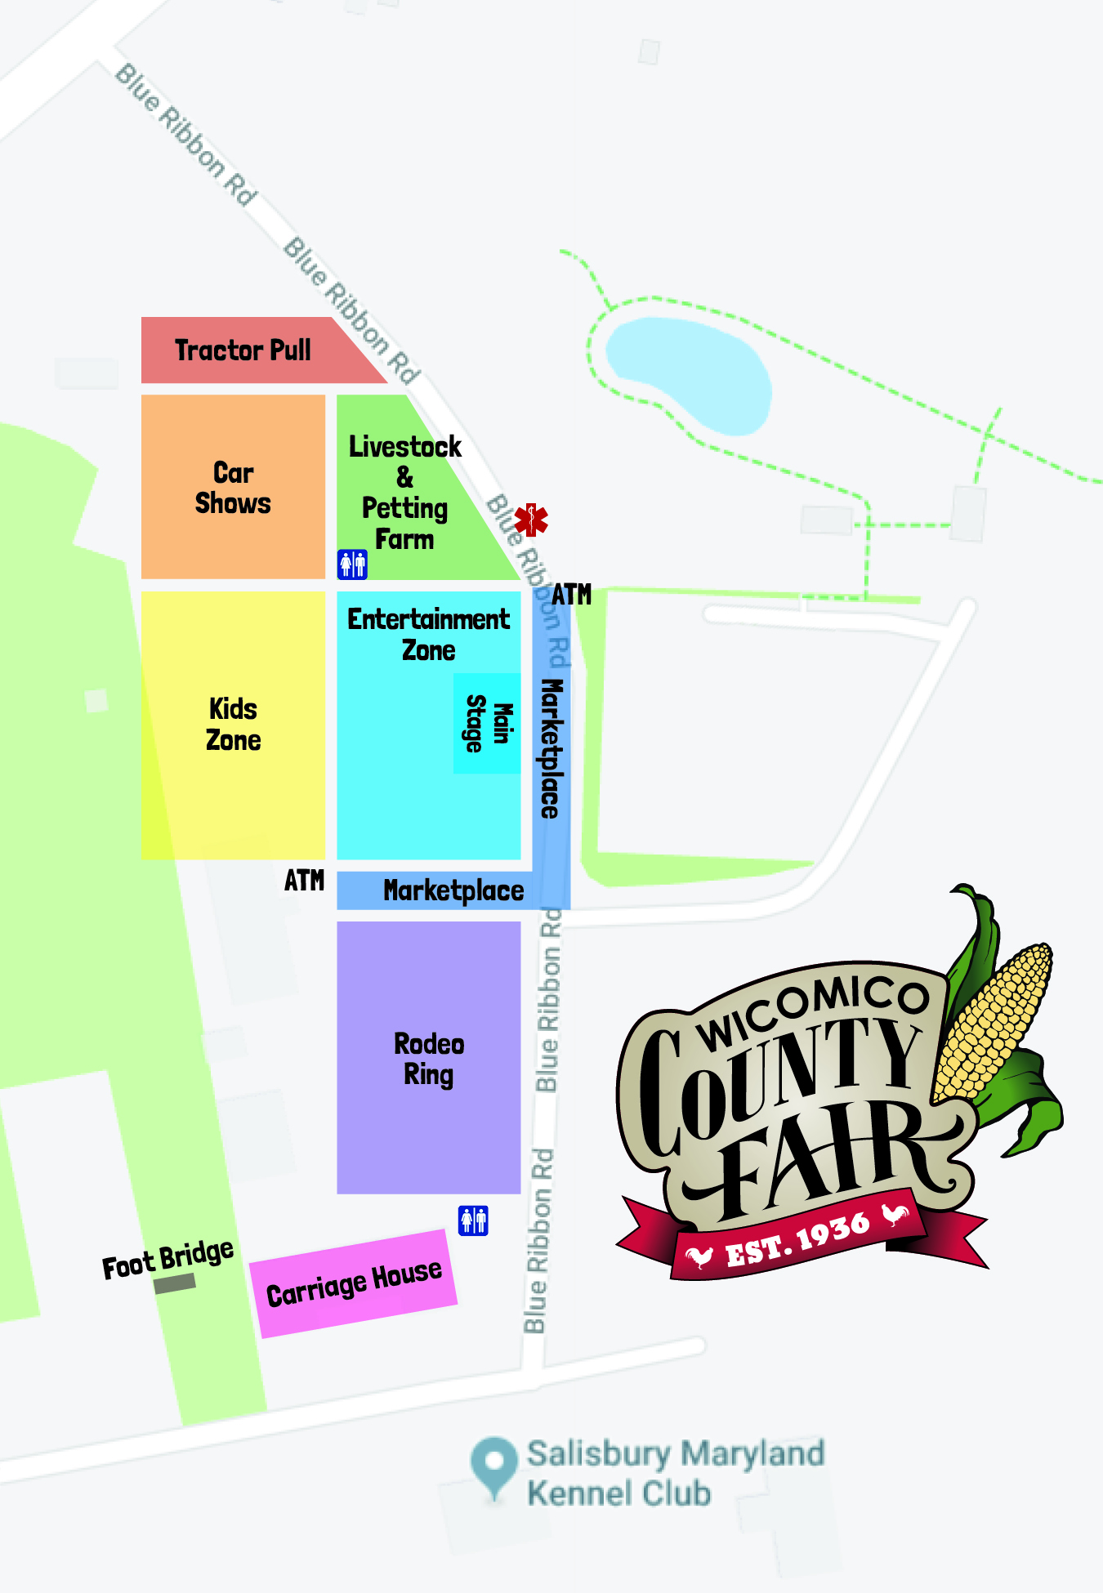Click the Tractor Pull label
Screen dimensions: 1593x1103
point(243,350)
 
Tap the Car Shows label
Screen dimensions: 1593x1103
point(233,488)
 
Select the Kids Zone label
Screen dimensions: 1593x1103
point(233,724)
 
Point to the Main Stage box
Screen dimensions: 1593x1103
point(488,723)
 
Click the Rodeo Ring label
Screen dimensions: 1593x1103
point(429,1059)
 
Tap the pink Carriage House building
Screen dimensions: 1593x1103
point(353,1283)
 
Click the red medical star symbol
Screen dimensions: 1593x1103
point(531,520)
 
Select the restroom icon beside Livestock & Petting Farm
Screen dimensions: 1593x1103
point(352,564)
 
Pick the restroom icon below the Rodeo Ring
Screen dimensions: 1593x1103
point(473,1220)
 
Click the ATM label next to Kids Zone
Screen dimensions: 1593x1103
point(304,881)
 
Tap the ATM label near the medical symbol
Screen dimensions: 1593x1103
point(571,595)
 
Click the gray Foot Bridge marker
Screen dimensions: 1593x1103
point(175,1283)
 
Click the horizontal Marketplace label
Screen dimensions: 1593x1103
point(453,890)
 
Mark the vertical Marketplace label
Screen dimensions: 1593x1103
point(551,748)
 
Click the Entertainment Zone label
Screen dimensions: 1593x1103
point(428,634)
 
